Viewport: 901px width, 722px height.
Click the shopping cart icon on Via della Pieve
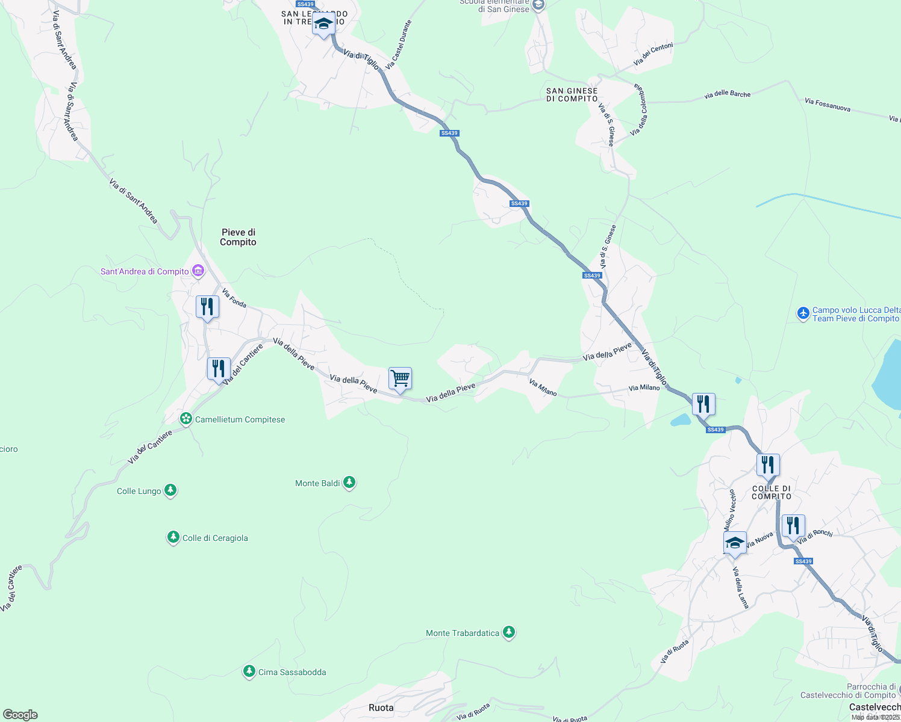coord(400,379)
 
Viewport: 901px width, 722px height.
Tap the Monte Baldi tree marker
coord(349,483)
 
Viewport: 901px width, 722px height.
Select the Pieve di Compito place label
coord(238,237)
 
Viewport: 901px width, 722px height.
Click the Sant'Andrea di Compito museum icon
coord(198,271)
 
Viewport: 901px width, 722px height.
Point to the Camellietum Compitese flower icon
coord(186,419)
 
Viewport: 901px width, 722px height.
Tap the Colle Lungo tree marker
coord(171,490)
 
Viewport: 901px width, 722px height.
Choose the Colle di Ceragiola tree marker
coord(173,537)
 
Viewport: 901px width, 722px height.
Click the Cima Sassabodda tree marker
coord(249,671)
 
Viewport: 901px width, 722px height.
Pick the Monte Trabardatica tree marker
coord(509,632)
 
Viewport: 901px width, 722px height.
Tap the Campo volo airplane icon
coord(803,313)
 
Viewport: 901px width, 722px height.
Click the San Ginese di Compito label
coord(572,94)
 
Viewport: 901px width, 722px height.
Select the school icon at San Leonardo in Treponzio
coord(323,24)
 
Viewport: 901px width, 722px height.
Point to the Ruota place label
coord(381,708)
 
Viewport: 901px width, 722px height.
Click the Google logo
coord(20,715)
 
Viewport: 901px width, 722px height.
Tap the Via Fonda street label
coord(234,298)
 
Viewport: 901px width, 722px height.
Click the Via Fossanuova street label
coord(828,105)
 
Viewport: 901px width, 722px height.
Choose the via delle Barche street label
coord(728,94)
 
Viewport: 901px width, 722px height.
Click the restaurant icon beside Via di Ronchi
coord(793,526)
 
